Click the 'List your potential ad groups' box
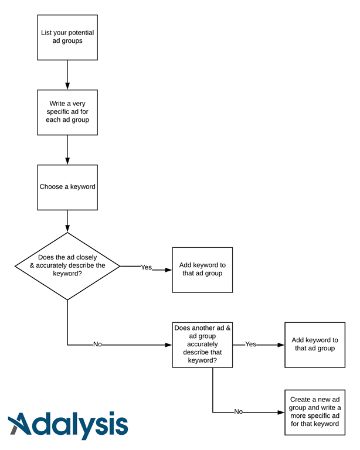pos(67,37)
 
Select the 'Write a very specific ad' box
pos(67,112)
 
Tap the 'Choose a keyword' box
pos(67,187)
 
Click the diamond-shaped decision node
pos(67,266)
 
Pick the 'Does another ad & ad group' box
pos(202,345)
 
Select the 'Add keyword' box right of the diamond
pos(202,270)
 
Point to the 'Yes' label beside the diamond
pos(146,267)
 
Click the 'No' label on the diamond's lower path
pos(97,345)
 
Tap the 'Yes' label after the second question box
pos(250,345)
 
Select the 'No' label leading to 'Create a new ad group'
pos(238,412)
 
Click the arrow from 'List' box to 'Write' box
pos(67,74)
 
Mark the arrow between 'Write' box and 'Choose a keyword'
pos(67,149)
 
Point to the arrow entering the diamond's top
pos(67,221)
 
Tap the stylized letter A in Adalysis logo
pos(22,424)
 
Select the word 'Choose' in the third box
pos(51,187)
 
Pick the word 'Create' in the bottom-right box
pos(301,399)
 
